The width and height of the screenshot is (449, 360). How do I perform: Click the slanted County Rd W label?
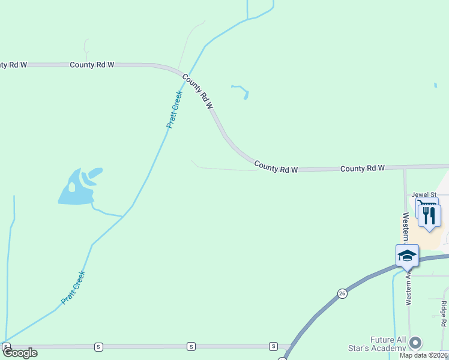click(x=198, y=91)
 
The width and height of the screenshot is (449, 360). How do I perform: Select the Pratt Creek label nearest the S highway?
click(x=74, y=287)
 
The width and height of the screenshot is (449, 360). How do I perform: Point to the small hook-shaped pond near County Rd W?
click(x=241, y=91)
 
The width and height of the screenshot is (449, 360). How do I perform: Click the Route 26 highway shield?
click(x=342, y=293)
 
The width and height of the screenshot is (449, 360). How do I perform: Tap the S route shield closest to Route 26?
click(x=273, y=346)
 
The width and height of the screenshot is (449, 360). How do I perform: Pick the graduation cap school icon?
click(x=407, y=256)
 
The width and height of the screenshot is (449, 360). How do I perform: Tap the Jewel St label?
click(x=424, y=194)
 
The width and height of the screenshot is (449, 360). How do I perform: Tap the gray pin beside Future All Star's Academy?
click(x=415, y=343)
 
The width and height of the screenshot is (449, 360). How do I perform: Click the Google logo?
click(x=20, y=353)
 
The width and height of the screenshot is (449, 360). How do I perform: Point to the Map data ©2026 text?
click(x=423, y=355)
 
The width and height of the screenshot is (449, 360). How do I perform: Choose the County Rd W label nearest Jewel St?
click(x=362, y=169)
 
